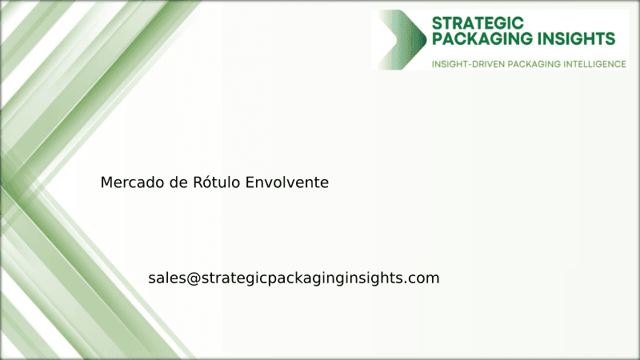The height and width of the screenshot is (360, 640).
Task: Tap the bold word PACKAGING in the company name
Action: click(x=480, y=38)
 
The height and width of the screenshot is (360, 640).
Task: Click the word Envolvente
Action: click(x=287, y=182)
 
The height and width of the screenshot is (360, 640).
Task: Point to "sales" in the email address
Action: click(x=166, y=278)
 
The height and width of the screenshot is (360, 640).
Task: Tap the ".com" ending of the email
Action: click(x=423, y=278)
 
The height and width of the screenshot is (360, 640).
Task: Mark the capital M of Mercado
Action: click(x=106, y=182)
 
